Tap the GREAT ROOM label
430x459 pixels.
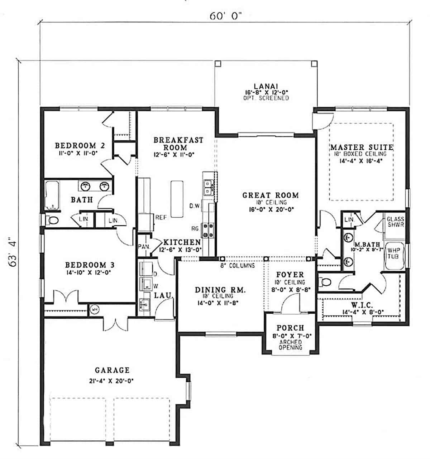pyautogui.click(x=271, y=195)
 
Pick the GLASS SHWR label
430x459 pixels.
pyautogui.click(x=395, y=222)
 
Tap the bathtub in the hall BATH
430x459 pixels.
pyautogui.click(x=53, y=195)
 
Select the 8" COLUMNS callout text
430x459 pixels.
pyautogui.click(x=238, y=266)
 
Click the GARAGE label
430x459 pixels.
pyautogui.click(x=112, y=370)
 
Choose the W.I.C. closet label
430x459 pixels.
pyautogui.click(x=362, y=305)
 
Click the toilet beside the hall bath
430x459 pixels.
pyautogui.click(x=52, y=220)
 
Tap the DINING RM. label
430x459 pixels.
pyautogui.click(x=220, y=290)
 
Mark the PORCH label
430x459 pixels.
pyautogui.click(x=290, y=328)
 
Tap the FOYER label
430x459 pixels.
pyautogui.click(x=290, y=275)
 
